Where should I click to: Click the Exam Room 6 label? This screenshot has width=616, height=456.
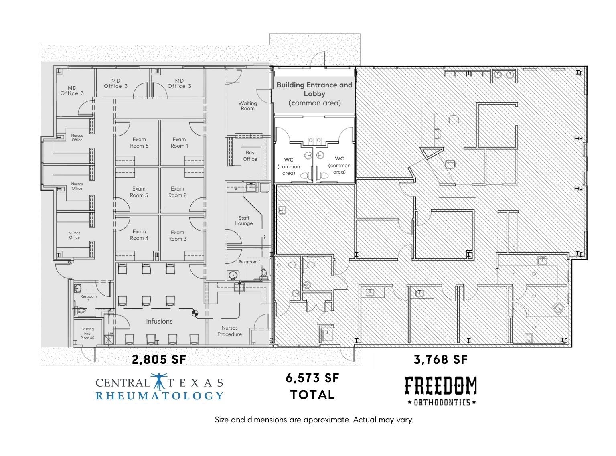(x=139, y=143)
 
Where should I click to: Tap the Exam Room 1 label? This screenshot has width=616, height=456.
(x=179, y=143)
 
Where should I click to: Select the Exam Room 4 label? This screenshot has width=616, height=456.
(x=139, y=235)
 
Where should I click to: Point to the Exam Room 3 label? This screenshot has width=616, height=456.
(x=177, y=235)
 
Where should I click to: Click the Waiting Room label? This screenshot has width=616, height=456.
(x=247, y=106)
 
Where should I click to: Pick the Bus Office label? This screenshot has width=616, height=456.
(x=250, y=156)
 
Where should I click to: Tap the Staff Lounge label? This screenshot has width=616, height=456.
(x=244, y=221)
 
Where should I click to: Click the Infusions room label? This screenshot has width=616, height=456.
(x=159, y=321)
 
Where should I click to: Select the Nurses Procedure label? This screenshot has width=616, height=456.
(x=229, y=331)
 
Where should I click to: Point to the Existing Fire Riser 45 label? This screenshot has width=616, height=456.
(x=87, y=334)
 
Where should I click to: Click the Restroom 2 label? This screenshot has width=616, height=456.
(x=88, y=298)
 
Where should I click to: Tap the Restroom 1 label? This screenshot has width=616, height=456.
(x=249, y=262)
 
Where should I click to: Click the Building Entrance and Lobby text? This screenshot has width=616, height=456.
(x=314, y=94)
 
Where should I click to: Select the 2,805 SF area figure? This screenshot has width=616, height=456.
(x=159, y=360)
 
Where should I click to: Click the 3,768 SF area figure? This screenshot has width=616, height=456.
(x=441, y=359)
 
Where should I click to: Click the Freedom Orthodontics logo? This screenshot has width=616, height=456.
(x=441, y=391)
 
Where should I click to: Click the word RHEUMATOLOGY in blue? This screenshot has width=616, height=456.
(x=159, y=396)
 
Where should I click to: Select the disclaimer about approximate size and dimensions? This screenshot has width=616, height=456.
(x=314, y=420)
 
